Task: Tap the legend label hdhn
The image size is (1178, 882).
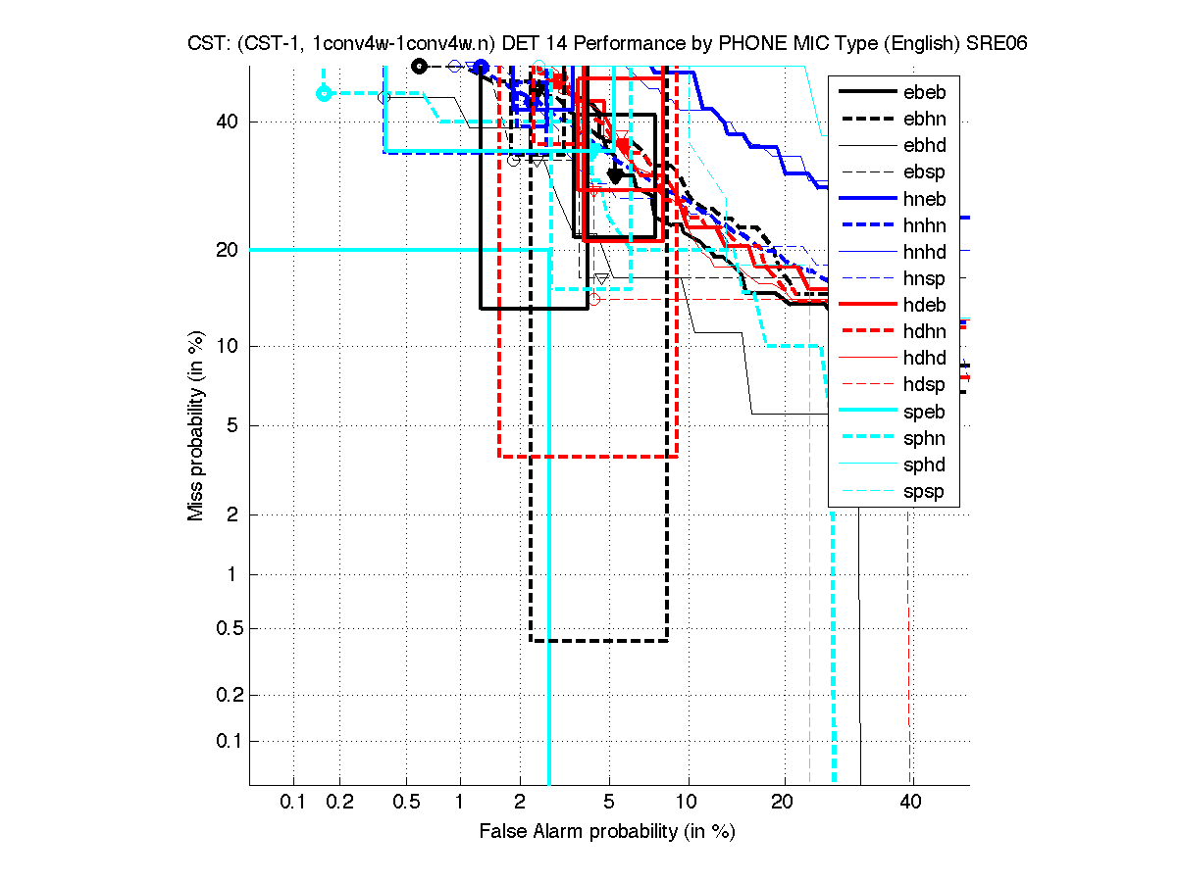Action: point(924,332)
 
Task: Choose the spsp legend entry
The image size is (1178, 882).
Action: point(924,492)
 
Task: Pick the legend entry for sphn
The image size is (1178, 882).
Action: point(924,438)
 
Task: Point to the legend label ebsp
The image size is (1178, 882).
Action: point(924,172)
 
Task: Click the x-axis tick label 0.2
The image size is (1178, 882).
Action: point(340,803)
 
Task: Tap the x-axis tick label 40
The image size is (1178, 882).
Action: point(910,803)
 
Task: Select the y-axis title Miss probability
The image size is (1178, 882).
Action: point(197,425)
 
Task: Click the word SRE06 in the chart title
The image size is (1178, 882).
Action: point(996,44)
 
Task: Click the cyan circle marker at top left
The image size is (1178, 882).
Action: point(324,93)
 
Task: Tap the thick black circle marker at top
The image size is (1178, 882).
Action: point(419,66)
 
